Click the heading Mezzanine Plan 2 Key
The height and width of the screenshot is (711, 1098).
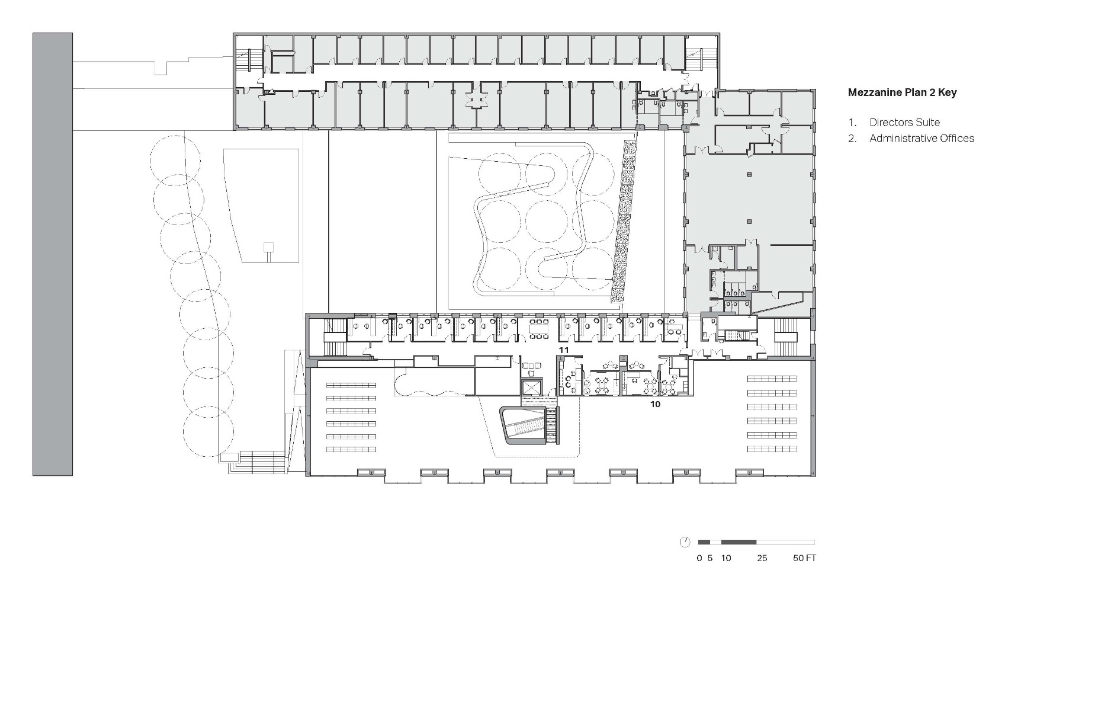pyautogui.click(x=902, y=92)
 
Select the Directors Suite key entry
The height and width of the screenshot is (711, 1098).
pyautogui.click(x=904, y=123)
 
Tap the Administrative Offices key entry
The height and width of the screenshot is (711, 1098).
pyautogui.click(x=922, y=139)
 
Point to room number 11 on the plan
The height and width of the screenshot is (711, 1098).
pyautogui.click(x=564, y=351)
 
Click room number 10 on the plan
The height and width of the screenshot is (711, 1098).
pyautogui.click(x=655, y=405)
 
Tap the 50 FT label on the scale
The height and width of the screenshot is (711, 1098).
pyautogui.click(x=804, y=558)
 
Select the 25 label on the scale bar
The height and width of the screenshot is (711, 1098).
pyautogui.click(x=762, y=558)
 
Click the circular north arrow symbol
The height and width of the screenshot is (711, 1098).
pyautogui.click(x=685, y=542)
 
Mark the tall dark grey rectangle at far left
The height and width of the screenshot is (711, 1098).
pyautogui.click(x=53, y=254)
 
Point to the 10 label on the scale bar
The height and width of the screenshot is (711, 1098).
pyautogui.click(x=726, y=558)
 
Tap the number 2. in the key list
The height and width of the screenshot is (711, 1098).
pyautogui.click(x=852, y=139)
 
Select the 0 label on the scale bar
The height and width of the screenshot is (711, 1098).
pyautogui.click(x=699, y=558)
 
